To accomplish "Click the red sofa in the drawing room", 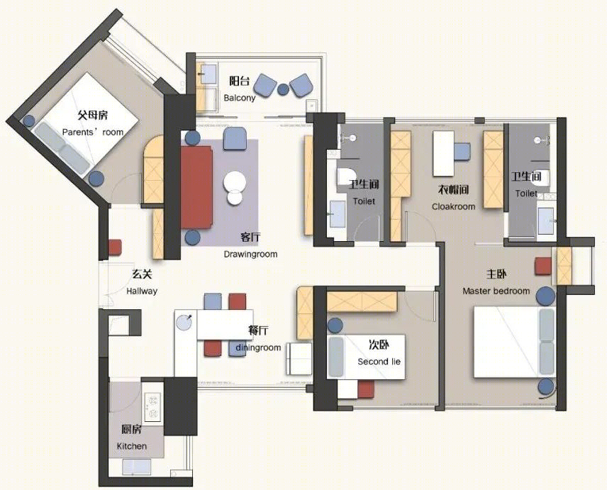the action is (x=196, y=187).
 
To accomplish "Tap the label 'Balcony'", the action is (x=240, y=98).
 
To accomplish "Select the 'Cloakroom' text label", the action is (x=453, y=206).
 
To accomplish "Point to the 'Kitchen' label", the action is (x=132, y=446).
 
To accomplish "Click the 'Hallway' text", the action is (x=142, y=291).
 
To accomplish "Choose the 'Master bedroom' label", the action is (x=496, y=291).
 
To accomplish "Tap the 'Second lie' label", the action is (x=379, y=362).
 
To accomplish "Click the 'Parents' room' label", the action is (x=92, y=132).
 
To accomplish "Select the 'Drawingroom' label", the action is (x=250, y=255).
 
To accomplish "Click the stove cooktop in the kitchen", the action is (x=152, y=407).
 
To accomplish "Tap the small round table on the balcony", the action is (x=284, y=89).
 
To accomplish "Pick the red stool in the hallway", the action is (x=115, y=247).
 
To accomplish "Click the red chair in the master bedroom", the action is (x=543, y=267).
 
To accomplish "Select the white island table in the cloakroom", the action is (x=443, y=154).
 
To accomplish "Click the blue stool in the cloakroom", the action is (x=462, y=151).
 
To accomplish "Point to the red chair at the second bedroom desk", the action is (x=366, y=389).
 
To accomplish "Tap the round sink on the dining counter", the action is (x=184, y=323).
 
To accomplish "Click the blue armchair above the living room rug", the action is (x=235, y=139).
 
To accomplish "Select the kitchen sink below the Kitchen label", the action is (x=136, y=467).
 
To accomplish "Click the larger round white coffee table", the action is (x=235, y=182).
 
